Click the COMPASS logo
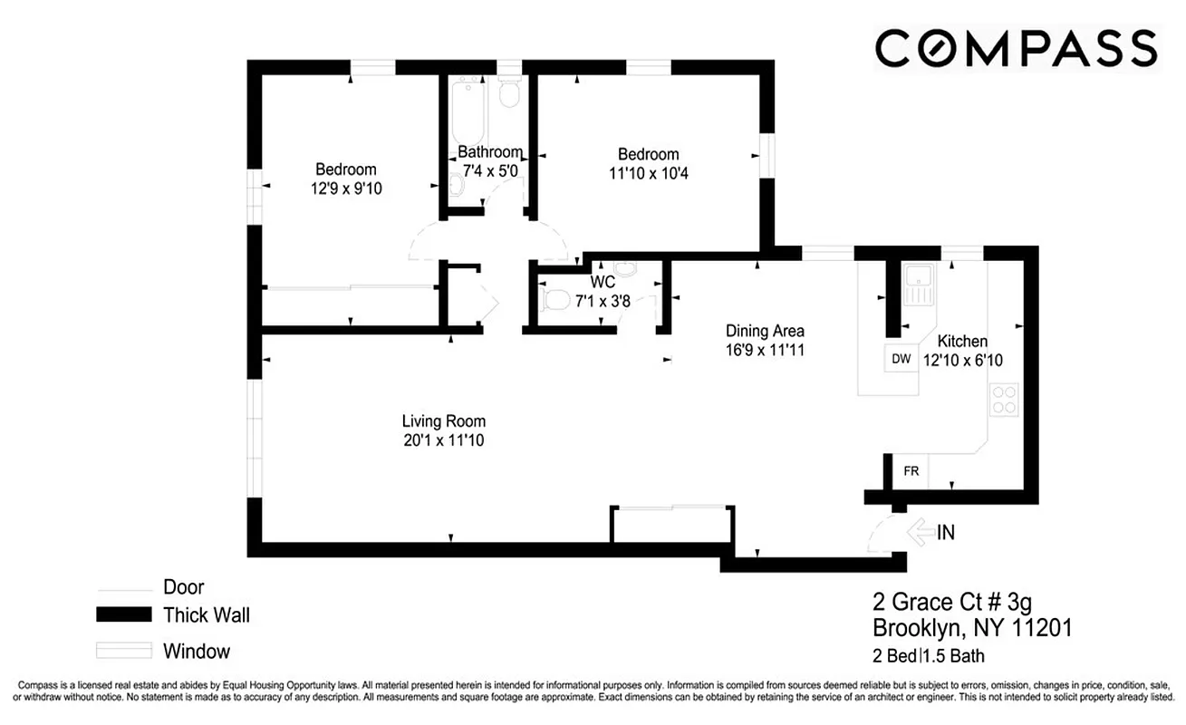[x=1016, y=48]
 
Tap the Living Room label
[x=444, y=421]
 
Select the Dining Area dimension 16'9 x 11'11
[x=765, y=349]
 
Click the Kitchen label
[x=961, y=342]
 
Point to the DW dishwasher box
[x=901, y=359]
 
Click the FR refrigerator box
[x=911, y=471]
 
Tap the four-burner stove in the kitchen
[x=1003, y=400]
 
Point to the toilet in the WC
[x=554, y=300]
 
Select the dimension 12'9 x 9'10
[x=345, y=188]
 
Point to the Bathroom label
[x=489, y=152]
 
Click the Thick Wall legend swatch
[x=123, y=615]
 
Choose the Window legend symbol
[x=123, y=651]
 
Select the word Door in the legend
[x=183, y=586]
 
